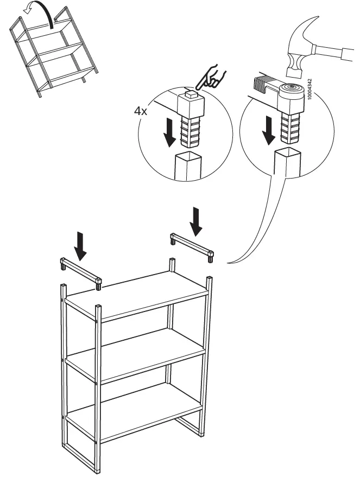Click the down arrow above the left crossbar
80,245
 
